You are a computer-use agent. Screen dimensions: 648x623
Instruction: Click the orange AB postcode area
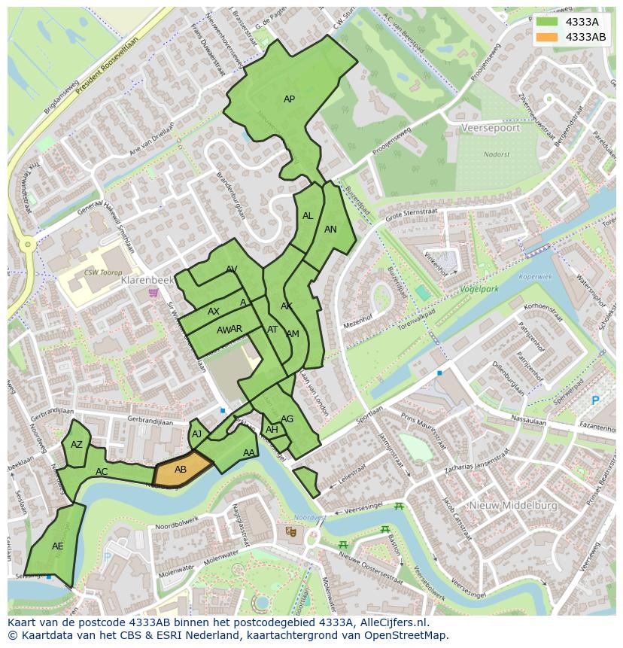181,470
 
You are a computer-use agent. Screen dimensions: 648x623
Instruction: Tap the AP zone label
289,99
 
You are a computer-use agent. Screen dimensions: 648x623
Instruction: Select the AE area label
58,546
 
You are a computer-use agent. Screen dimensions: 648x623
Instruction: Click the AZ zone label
77,445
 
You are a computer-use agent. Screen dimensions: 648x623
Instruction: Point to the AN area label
330,230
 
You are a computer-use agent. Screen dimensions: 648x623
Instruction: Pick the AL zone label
308,216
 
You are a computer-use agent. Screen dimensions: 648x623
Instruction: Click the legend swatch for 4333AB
547,37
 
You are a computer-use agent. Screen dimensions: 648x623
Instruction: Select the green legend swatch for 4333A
547,22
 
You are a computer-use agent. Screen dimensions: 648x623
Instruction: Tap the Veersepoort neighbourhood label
491,128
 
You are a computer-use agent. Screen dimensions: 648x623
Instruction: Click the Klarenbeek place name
147,280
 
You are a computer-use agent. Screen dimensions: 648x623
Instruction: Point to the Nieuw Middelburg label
513,506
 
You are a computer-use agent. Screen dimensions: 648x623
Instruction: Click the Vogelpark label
479,289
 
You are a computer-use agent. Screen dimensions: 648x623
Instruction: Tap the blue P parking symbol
595,400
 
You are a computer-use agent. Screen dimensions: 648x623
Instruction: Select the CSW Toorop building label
103,272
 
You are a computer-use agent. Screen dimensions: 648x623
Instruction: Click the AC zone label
102,472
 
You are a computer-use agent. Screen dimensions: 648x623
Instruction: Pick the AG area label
287,419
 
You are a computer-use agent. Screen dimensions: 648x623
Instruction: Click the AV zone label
232,269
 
